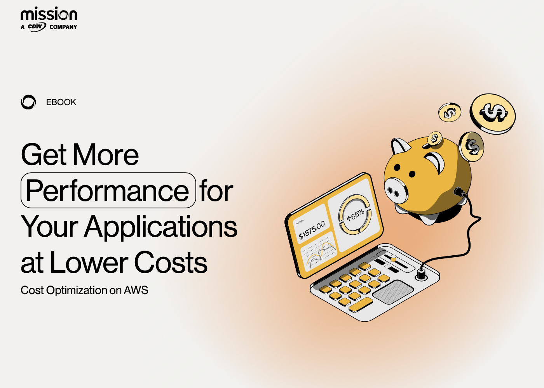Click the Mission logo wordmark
click(x=49, y=14)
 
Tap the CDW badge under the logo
click(x=37, y=27)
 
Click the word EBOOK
click(x=61, y=102)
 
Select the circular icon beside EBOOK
click(x=28, y=102)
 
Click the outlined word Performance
click(x=108, y=191)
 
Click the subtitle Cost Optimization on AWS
click(x=84, y=290)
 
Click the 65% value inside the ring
click(x=356, y=215)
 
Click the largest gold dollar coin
click(x=493, y=113)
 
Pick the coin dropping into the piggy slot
click(x=434, y=139)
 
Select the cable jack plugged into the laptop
click(x=421, y=274)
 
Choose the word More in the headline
click(x=106, y=155)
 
